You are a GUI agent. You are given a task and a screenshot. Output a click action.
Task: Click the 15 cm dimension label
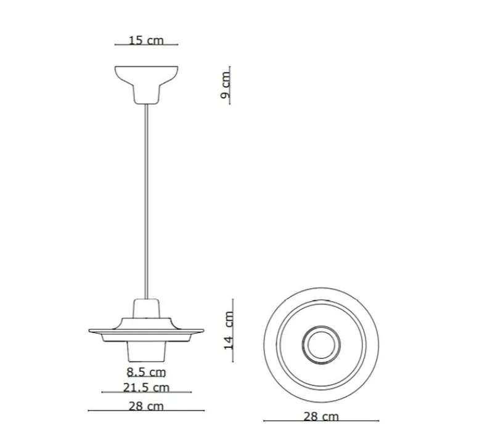tap(146, 40)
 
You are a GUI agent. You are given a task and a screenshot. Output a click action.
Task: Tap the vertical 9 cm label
tap(226, 85)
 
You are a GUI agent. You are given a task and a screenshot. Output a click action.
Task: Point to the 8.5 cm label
tap(146, 372)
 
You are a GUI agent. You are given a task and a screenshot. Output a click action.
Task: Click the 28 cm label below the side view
tap(146, 406)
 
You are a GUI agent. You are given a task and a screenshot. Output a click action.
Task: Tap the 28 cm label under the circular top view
tap(321, 416)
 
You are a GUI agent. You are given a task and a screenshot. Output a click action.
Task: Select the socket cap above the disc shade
tap(146, 308)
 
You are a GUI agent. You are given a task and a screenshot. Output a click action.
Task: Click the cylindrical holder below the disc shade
tap(146, 350)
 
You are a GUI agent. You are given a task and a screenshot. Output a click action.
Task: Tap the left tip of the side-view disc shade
tap(91, 329)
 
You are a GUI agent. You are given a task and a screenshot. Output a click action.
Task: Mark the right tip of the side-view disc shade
tap(202, 329)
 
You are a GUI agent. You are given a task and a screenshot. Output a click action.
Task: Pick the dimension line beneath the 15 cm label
tap(146, 45)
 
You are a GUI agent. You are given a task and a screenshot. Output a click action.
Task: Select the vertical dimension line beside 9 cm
tap(230, 85)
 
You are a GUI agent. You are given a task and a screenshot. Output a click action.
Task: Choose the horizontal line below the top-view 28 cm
tap(321, 421)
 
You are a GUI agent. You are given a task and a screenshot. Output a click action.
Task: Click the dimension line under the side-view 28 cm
tap(146, 411)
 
